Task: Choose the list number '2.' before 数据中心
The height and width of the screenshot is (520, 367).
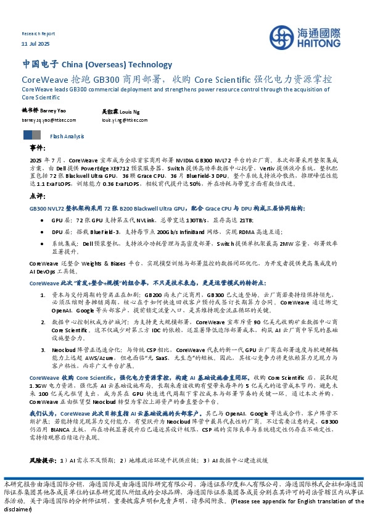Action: [43, 322]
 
